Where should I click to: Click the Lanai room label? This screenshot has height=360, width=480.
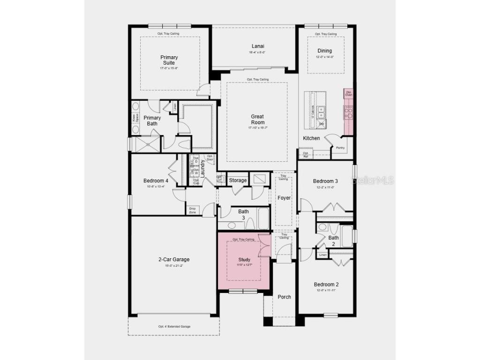tap(258, 46)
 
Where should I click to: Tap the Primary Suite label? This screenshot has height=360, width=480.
tap(169, 60)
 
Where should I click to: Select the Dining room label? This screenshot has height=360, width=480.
tap(324, 51)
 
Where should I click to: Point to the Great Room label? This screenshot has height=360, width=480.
tap(257, 120)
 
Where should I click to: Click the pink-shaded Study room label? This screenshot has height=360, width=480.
tap(244, 260)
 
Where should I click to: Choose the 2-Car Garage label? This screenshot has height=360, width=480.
tap(173, 259)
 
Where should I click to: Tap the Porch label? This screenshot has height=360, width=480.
tap(284, 297)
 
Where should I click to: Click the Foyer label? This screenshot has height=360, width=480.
tap(284, 198)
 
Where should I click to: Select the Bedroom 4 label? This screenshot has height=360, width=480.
tap(156, 180)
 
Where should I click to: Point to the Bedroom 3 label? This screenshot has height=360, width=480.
tap(325, 181)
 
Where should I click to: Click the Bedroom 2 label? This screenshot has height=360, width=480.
tap(326, 285)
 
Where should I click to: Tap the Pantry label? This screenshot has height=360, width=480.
tap(340, 148)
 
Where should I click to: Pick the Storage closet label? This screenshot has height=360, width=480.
tap(238, 180)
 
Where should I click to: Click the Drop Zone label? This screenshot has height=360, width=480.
tap(193, 210)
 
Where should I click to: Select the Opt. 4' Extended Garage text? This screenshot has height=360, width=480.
tap(174, 326)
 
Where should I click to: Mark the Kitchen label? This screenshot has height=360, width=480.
tap(311, 138)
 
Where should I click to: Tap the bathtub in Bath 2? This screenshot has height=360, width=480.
tap(346, 236)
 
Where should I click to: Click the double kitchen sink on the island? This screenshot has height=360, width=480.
tap(322, 112)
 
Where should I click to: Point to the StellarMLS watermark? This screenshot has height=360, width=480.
tap(373, 180)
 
